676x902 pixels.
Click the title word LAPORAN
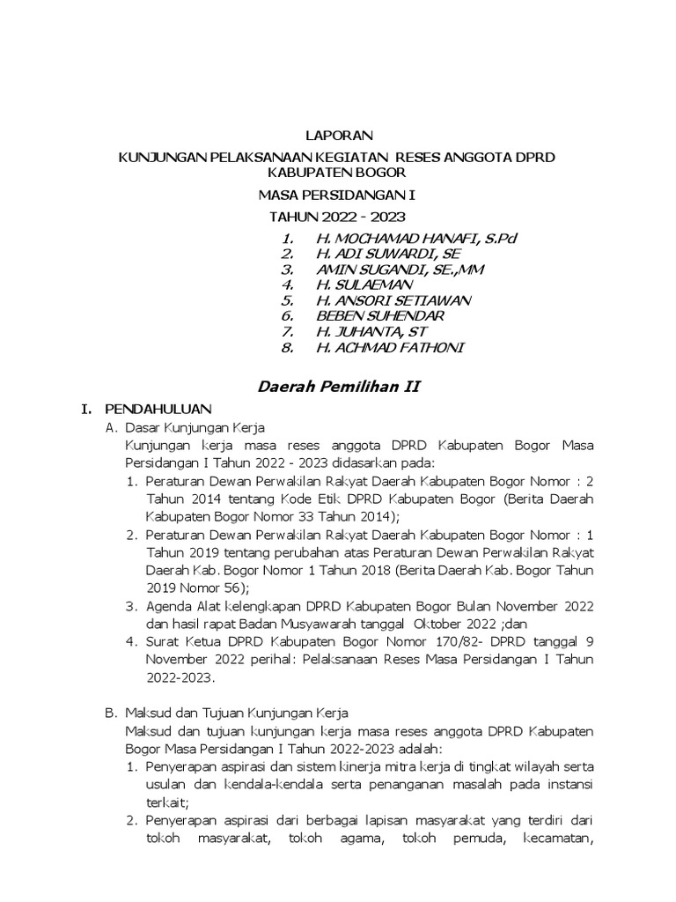(x=339, y=136)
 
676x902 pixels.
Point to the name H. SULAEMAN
(x=364, y=285)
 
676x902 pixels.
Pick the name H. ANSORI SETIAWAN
(x=393, y=300)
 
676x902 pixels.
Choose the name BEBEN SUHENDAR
(x=381, y=315)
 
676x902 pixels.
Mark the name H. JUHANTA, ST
(x=371, y=331)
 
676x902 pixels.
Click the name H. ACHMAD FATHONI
(x=389, y=347)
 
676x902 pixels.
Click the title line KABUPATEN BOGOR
(x=339, y=173)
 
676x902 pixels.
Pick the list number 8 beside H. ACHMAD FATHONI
(x=287, y=347)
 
